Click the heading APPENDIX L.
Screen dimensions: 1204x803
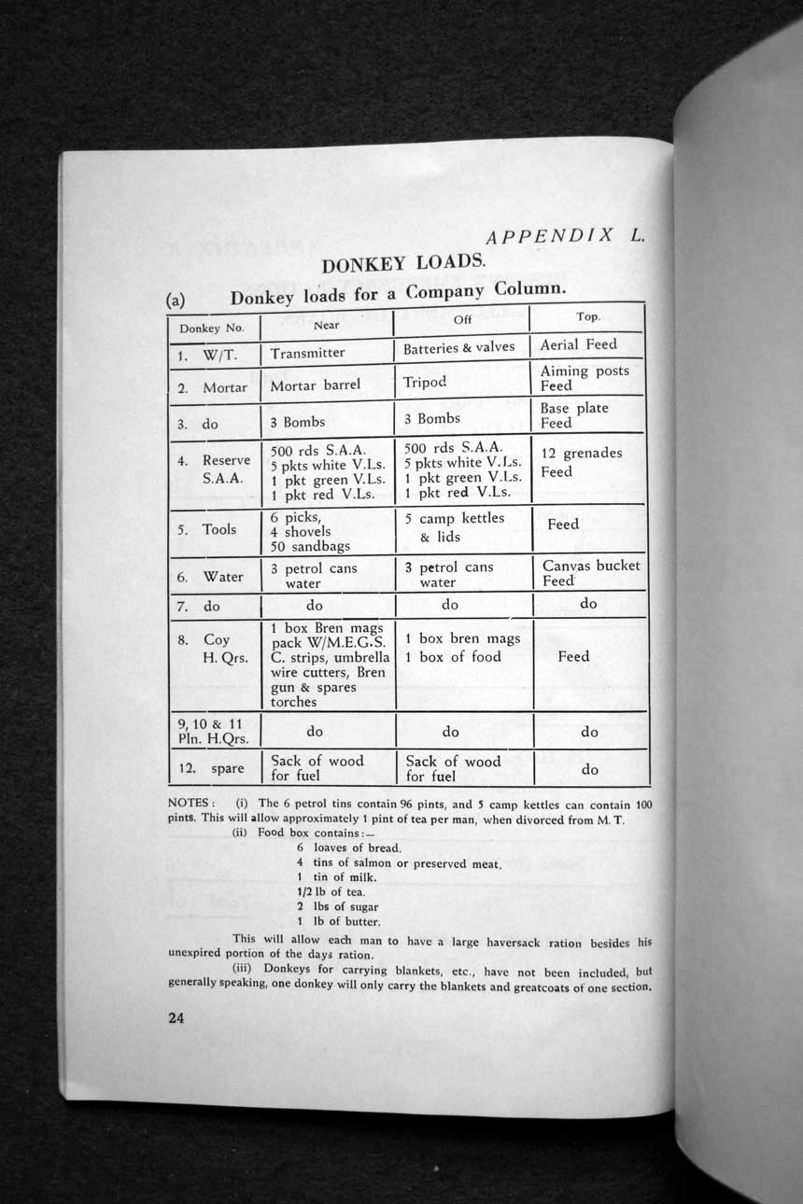click(565, 236)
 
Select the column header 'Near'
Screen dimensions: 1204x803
click(326, 326)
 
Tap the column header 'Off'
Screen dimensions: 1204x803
click(462, 320)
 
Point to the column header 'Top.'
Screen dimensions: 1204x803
click(588, 316)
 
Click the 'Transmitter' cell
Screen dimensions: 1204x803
click(307, 353)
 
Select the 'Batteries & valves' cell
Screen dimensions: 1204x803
click(458, 347)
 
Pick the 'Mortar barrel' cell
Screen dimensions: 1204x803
click(315, 385)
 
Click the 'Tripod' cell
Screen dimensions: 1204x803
click(425, 382)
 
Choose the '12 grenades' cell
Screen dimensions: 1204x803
click(581, 454)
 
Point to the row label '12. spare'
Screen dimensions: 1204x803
click(211, 769)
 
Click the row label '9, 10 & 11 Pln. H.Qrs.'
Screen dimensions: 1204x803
click(211, 731)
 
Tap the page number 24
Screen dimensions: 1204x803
click(176, 1018)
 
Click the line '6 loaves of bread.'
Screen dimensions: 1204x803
click(348, 847)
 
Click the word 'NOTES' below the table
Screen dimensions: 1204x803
click(190, 803)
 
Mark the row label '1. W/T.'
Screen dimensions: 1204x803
click(207, 354)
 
